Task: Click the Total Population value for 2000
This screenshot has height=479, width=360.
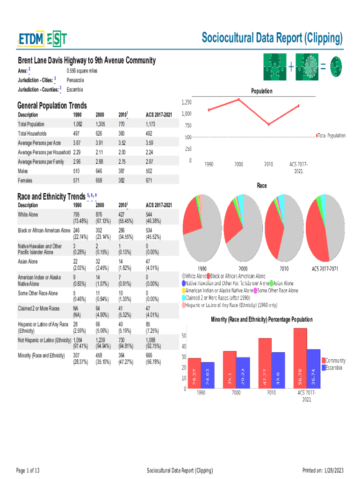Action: click(100, 124)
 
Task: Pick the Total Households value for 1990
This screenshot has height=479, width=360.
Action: click(78, 134)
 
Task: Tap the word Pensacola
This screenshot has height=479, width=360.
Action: click(75, 80)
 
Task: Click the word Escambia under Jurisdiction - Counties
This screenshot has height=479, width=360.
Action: click(75, 89)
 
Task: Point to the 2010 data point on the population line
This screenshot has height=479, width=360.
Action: click(268, 124)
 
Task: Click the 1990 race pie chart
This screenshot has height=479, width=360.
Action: click(202, 228)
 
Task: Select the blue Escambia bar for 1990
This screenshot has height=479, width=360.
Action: click(208, 375)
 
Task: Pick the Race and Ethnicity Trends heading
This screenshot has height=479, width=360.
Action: click(51, 196)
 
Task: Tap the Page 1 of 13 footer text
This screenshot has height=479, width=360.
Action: click(28, 470)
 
